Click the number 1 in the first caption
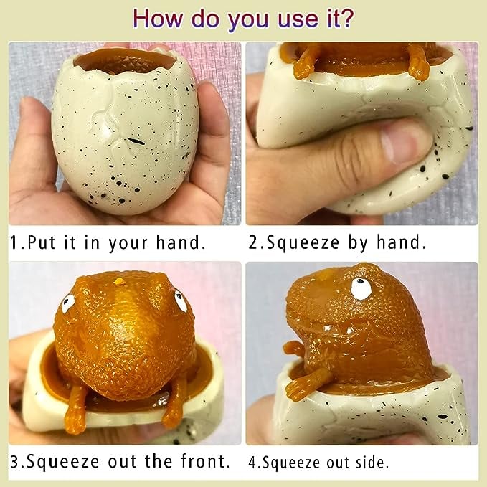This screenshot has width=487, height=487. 14,242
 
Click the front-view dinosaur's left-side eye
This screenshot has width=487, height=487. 67,303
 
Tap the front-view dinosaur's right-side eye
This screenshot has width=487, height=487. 180,301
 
